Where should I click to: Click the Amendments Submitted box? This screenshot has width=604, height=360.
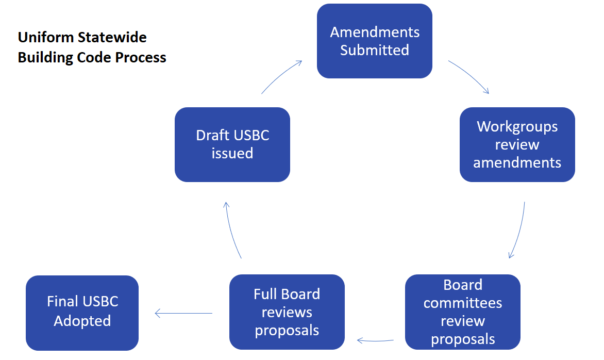[375, 41]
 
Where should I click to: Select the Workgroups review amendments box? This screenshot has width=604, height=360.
[517, 145]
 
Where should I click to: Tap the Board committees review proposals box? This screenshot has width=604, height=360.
[463, 312]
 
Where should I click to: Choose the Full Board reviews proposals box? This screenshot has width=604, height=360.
[287, 312]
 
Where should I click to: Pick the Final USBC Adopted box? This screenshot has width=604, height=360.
[82, 313]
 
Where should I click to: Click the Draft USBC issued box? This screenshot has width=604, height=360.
[232, 145]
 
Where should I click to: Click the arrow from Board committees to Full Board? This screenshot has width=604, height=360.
[376, 340]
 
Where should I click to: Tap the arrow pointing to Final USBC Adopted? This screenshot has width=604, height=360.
[183, 313]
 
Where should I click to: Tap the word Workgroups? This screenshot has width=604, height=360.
[517, 126]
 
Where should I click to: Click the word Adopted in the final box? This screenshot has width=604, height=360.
[82, 321]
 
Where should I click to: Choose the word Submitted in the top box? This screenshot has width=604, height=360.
[375, 51]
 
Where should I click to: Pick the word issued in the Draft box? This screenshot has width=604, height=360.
[232, 154]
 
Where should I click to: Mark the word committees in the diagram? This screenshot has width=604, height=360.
[463, 303]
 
